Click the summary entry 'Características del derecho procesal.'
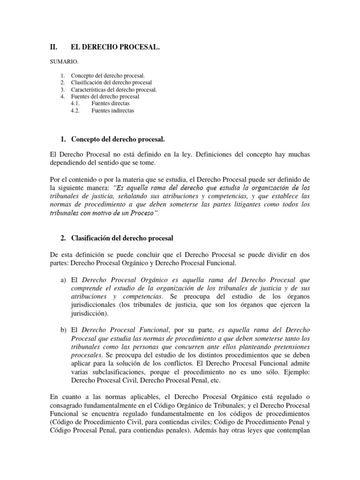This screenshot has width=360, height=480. pos(114,90)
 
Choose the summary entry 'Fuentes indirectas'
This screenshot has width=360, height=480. pos(112,111)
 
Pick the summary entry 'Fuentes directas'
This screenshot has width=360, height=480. pos(111,104)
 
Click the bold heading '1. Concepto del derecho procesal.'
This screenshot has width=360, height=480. pos(112,140)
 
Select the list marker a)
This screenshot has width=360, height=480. pos(63,279)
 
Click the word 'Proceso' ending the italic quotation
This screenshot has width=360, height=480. pos(144,213)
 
